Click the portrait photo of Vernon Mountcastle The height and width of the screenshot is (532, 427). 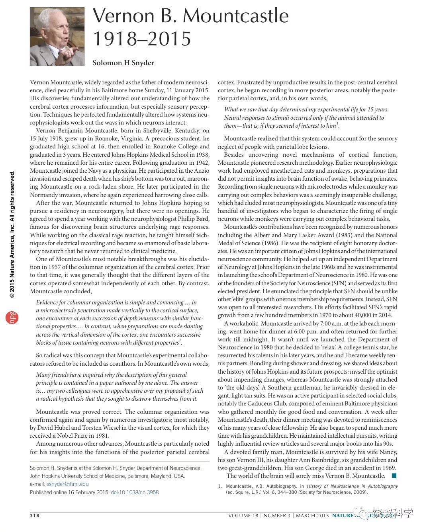point(57,37)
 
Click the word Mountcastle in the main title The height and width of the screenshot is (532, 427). point(235,16)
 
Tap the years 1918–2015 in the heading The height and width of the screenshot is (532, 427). point(142,39)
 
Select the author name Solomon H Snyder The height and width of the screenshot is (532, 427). point(123,63)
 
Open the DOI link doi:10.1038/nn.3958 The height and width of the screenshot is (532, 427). point(135,492)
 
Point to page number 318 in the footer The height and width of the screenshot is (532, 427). point(35,516)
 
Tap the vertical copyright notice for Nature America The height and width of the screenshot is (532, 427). point(12,235)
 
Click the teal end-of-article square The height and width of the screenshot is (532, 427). point(394,475)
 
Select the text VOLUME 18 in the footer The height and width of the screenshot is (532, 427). point(243,516)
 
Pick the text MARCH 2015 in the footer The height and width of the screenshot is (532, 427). point(312,516)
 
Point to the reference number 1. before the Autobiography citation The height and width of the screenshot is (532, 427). point(220,486)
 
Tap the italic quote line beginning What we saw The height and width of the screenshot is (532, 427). point(306,109)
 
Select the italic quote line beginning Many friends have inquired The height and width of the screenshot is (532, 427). point(111,375)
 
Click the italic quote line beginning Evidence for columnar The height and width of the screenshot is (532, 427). point(116,302)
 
